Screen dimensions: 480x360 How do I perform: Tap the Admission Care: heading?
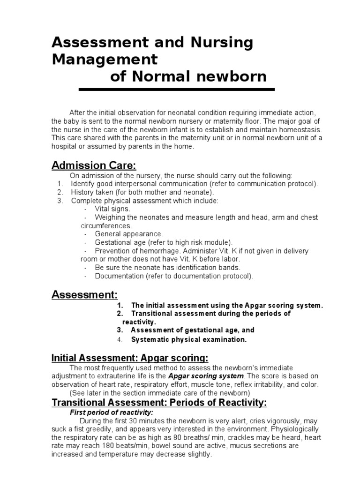tap(94, 165)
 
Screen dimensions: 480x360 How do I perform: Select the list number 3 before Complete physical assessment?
tap(60, 201)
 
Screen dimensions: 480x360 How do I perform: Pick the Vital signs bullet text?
tap(112, 209)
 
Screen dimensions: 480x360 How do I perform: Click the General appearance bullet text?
tap(129, 234)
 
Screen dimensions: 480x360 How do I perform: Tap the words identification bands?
tap(208, 267)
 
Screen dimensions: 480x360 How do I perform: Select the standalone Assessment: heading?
tap(84, 295)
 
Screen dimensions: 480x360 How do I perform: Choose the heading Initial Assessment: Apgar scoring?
tap(129, 359)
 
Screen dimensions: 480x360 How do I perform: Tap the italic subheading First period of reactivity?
tap(111, 412)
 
